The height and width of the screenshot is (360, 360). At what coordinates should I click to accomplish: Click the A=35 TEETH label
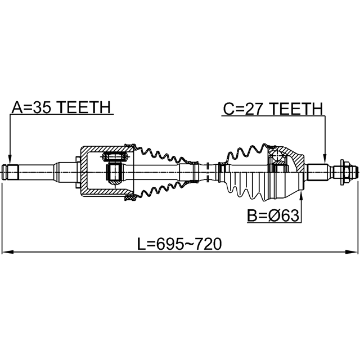pos(61,107)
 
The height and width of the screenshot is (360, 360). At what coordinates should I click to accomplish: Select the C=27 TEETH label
pos(273,109)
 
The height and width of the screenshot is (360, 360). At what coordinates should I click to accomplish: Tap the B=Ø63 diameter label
pos(273,215)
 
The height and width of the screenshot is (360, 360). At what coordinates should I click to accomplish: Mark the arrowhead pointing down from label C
pos(325,159)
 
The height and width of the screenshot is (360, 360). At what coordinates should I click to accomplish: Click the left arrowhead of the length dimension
pos(7,252)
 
